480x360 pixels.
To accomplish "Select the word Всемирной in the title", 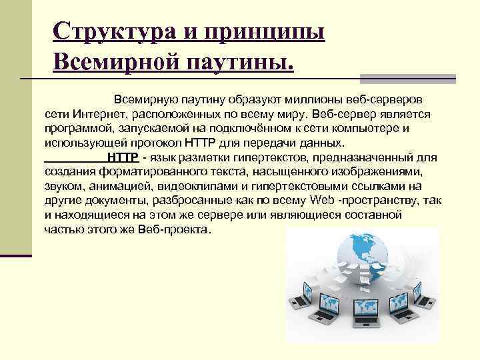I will [x=107, y=64].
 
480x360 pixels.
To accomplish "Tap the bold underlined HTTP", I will [x=123, y=157].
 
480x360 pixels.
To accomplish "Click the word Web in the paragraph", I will [x=322, y=201].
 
